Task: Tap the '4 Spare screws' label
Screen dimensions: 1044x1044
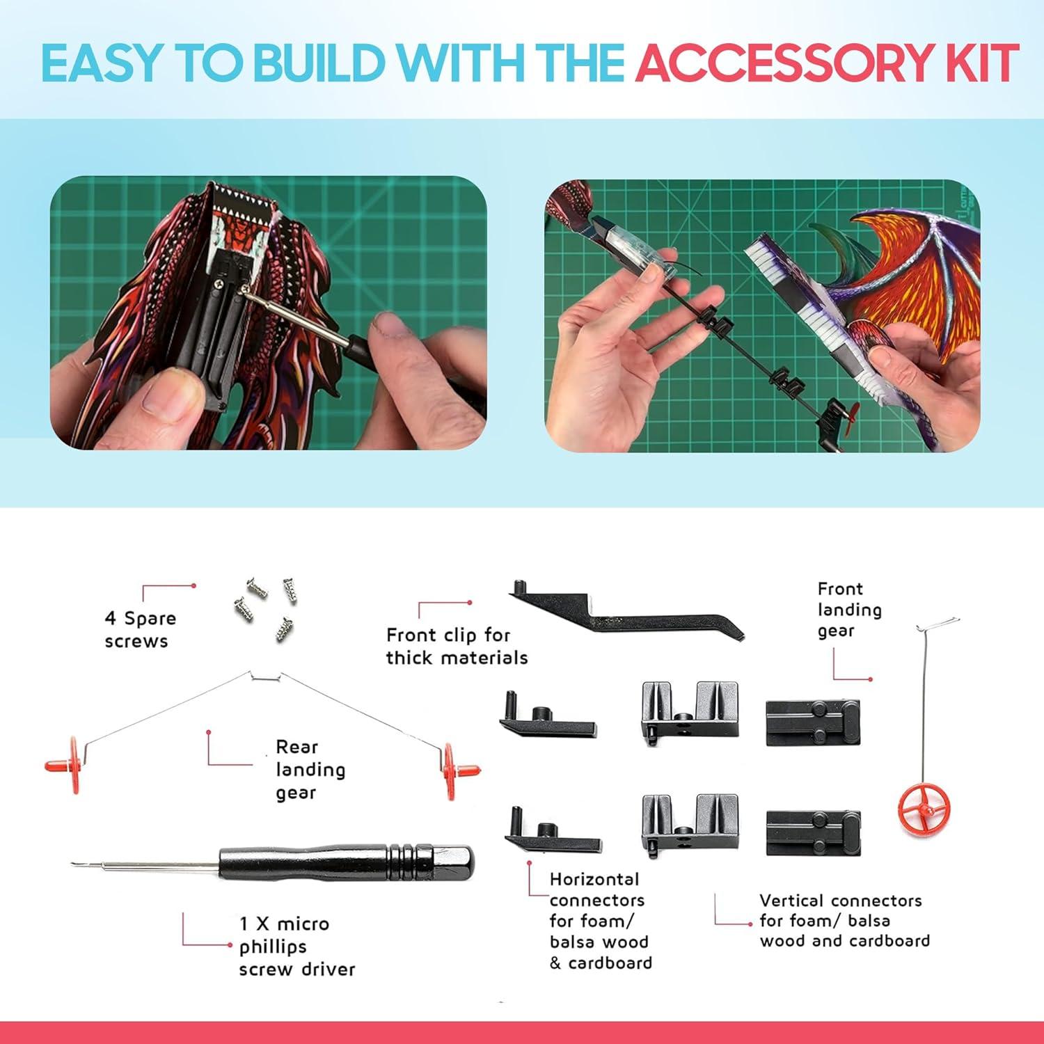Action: click(x=140, y=629)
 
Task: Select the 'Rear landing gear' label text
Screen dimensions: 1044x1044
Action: click(x=310, y=769)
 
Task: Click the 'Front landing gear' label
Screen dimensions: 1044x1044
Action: click(x=849, y=610)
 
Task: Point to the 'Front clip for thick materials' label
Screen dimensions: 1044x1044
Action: click(x=457, y=646)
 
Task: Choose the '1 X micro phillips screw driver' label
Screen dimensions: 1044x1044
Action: click(x=296, y=946)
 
